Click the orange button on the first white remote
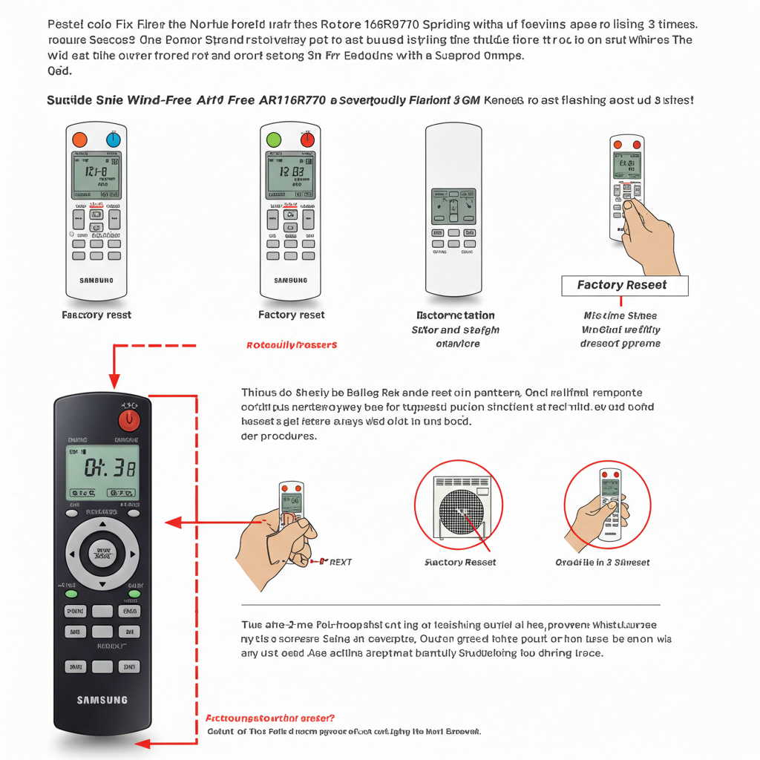(79, 139)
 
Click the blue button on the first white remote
(114, 139)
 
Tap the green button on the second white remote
(273, 139)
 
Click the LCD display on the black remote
(102, 471)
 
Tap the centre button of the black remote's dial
(102, 552)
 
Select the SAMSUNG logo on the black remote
(102, 699)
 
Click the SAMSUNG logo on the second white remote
(290, 281)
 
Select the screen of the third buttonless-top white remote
(453, 206)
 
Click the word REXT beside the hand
(339, 563)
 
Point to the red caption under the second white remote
(292, 345)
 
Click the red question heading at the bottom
(269, 718)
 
